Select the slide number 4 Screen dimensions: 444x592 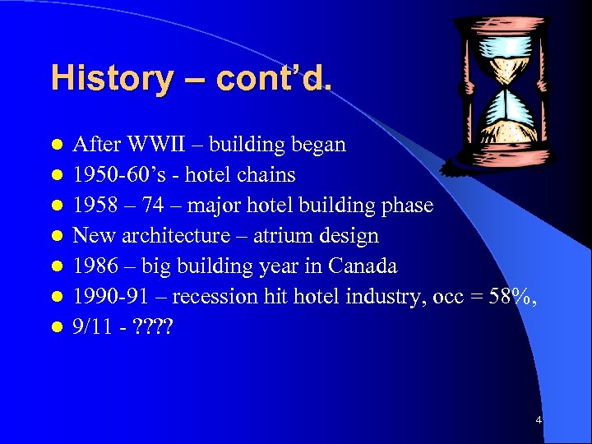539,420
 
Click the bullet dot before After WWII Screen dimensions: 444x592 56,146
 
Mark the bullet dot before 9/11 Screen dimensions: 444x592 56,328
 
